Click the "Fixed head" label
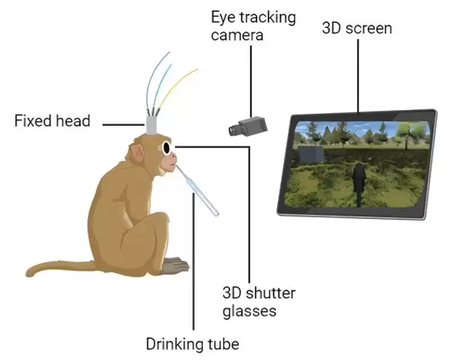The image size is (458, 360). [51, 121]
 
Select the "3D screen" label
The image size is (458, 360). [358, 29]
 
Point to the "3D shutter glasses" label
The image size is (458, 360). [259, 302]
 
